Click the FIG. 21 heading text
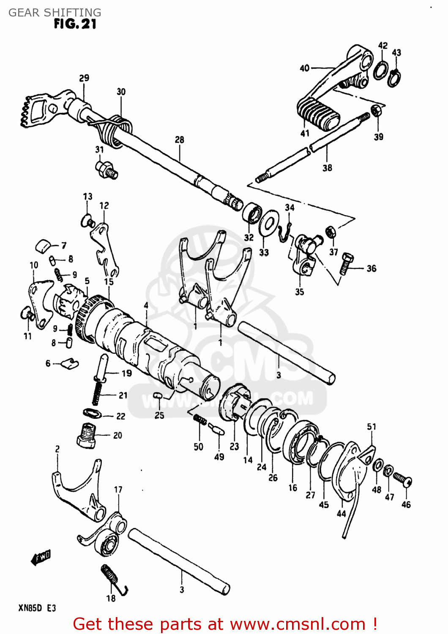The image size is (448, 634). [75, 24]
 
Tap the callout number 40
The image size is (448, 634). [305, 68]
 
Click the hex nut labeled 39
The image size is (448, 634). [377, 111]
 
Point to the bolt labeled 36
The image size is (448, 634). [346, 263]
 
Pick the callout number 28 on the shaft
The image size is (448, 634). [180, 139]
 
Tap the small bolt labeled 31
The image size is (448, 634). [107, 169]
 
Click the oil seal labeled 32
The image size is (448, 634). [252, 213]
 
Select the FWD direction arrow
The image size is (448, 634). [41, 557]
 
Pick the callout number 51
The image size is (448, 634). [371, 426]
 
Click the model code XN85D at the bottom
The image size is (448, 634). [30, 608]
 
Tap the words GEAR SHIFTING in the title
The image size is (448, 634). [55, 12]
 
